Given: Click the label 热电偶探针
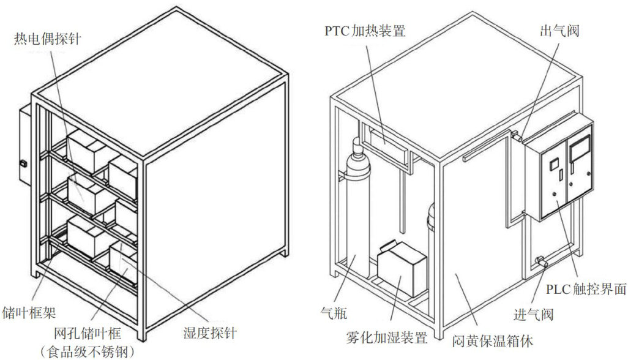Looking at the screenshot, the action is [48, 39].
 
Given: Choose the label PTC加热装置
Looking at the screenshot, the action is [365, 31].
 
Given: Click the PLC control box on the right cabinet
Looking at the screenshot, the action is [558, 168].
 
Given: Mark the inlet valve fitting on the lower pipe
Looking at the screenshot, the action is [540, 262].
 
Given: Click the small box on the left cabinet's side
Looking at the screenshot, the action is [24, 147].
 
